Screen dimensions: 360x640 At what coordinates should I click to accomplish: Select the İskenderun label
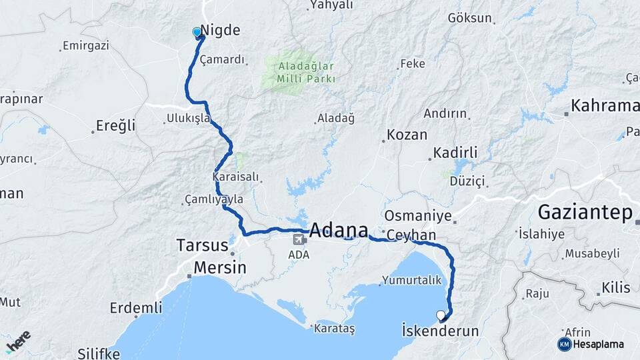[441, 331]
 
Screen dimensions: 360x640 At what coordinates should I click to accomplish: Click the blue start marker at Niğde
[197, 32]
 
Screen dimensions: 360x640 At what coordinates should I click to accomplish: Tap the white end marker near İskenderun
[440, 315]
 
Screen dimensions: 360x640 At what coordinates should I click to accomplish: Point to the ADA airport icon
[297, 238]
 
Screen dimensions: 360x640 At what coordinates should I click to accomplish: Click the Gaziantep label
[584, 213]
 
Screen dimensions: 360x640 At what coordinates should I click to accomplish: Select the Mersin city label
[219, 268]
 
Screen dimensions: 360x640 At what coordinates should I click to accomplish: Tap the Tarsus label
[202, 245]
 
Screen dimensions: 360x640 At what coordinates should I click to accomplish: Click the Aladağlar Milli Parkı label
[298, 72]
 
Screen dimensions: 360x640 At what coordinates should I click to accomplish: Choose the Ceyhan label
[411, 235]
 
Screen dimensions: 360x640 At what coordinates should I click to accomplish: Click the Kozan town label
[407, 135]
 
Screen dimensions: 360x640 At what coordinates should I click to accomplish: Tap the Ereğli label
[115, 125]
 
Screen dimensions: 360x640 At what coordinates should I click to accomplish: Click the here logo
[18, 341]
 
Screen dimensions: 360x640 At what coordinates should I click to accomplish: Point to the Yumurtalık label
[413, 281]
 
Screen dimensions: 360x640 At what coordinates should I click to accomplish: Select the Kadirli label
[455, 153]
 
